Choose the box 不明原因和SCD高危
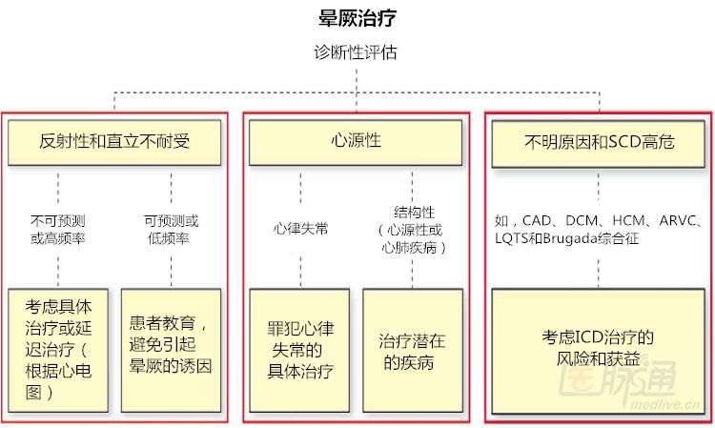click(x=599, y=141)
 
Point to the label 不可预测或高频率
click(x=58, y=230)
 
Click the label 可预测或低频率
click(x=172, y=230)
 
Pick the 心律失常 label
click(x=300, y=229)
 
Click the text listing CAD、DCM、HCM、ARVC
click(x=599, y=221)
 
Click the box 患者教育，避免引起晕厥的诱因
click(x=172, y=349)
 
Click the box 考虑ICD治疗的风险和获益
click(x=599, y=349)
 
